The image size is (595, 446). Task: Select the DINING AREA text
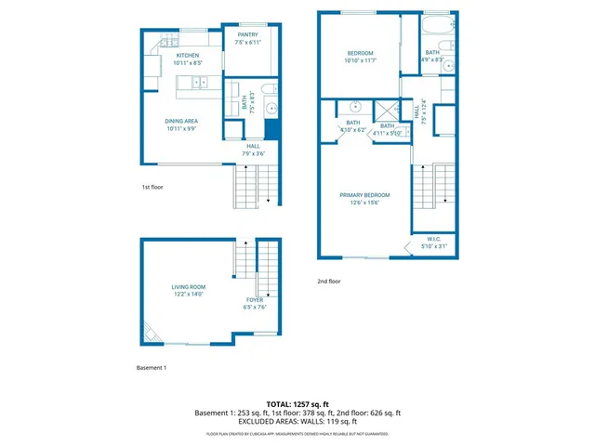coord(181,125)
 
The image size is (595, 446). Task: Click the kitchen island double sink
coord(200,84)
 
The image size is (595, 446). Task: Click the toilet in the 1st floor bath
coord(268,89)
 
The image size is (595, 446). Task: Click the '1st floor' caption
coord(152,187)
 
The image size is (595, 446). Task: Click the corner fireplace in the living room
coord(151,331)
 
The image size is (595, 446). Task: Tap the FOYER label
coord(255,303)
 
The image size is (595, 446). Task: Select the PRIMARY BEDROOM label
coord(364,198)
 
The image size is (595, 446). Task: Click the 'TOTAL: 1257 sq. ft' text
coord(297,403)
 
